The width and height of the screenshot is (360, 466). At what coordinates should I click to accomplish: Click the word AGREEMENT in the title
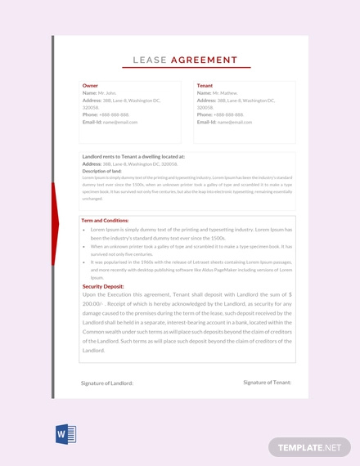pos(205,60)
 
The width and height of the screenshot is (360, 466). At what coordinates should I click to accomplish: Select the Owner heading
pos(90,85)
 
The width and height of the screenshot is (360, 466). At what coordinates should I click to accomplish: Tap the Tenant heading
pos(205,85)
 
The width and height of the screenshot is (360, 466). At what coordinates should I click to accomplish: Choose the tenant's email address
pos(235,122)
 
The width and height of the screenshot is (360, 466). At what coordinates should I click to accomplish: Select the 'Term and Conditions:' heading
pos(106,220)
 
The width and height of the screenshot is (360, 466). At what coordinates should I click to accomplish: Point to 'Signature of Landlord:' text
pos(107,383)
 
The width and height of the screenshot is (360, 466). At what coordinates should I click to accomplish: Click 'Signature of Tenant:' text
pos(268,382)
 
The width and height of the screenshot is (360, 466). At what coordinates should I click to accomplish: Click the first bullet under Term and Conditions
pos(84,231)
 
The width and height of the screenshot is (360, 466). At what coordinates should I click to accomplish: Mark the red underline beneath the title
pos(180,68)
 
